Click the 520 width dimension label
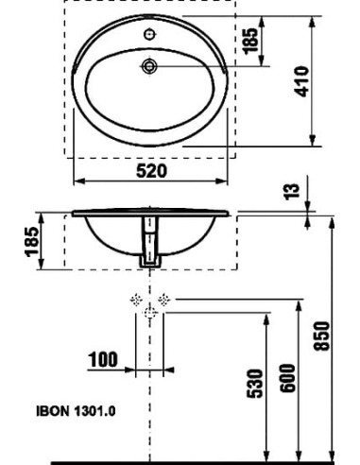point(150,171)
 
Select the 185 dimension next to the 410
point(252,42)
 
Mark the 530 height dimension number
point(253,385)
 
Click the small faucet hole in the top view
point(149,35)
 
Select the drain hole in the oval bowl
point(149,66)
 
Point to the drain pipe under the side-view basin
point(149,242)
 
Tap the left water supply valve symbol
point(134,301)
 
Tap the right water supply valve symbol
point(164,301)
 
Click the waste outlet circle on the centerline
point(149,317)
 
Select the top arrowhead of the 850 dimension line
point(334,220)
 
